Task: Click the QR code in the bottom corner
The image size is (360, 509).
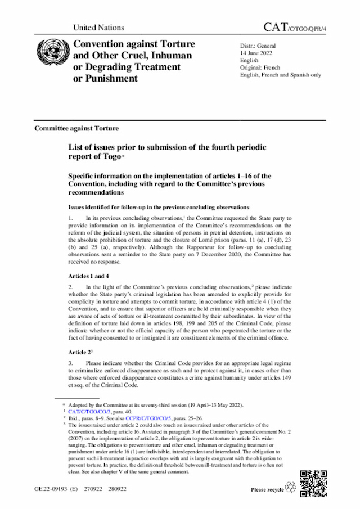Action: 313,482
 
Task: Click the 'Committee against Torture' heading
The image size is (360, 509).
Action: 76,128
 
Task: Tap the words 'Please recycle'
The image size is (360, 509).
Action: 267,490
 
